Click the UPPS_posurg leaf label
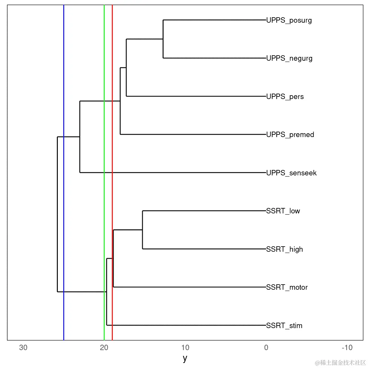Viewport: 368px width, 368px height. (289, 20)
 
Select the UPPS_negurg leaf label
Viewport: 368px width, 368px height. (289, 58)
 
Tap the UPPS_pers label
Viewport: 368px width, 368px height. (285, 96)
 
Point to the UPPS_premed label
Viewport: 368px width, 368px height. (290, 135)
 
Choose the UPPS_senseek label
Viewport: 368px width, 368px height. (291, 173)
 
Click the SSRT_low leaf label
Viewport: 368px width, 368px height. (283, 211)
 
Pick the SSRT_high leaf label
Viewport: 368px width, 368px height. (284, 249)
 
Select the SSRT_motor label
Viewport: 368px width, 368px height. (287, 287)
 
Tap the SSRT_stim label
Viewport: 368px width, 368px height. (284, 326)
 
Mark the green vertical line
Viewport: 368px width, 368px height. (104, 192)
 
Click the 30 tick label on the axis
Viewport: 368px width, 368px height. (23, 348)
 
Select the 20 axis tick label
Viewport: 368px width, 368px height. (104, 348)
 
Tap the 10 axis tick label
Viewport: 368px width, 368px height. (185, 348)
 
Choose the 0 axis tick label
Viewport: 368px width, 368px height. (266, 348)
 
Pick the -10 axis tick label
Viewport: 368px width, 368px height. (347, 348)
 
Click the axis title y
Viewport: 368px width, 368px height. (185, 358)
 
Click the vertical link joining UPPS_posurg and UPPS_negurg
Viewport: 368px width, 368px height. (163, 39)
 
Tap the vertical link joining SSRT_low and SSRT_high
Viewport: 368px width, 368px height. (142, 230)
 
